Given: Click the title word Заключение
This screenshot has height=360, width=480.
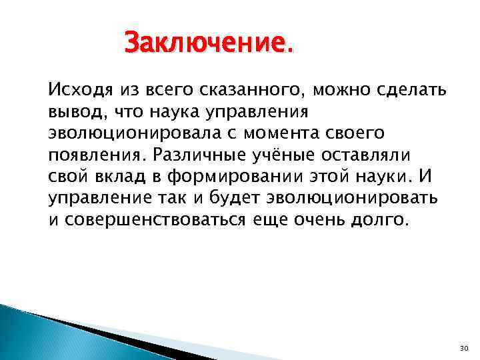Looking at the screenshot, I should tap(208, 45).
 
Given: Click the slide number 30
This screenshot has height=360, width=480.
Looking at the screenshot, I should tap(465, 349).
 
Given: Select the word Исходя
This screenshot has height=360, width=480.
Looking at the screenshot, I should tap(76, 88).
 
